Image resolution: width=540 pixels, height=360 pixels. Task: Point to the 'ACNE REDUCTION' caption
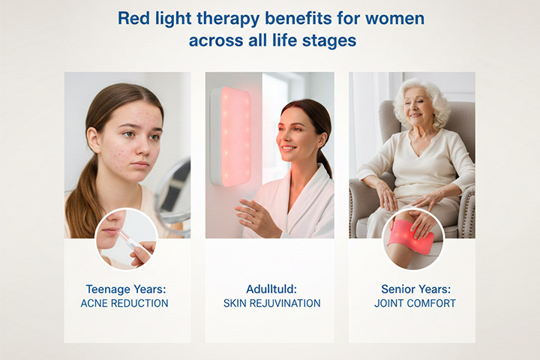(x=124, y=304)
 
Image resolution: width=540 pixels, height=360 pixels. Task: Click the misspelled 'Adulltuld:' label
(x=271, y=289)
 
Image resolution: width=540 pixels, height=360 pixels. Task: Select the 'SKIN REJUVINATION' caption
(x=271, y=304)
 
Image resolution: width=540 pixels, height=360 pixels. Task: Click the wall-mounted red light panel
(x=231, y=135)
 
